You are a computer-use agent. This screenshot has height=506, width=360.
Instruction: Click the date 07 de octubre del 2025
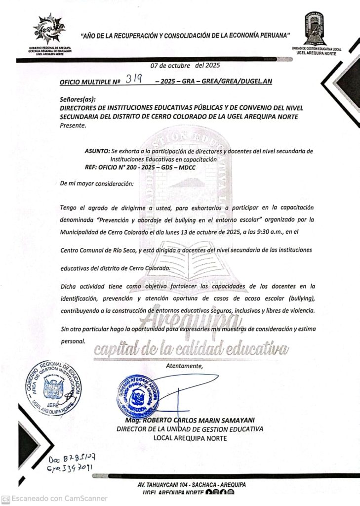tap(185, 65)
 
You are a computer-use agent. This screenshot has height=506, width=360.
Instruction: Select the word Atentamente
tap(184, 366)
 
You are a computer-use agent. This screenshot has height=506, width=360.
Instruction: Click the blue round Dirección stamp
tap(139, 396)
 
